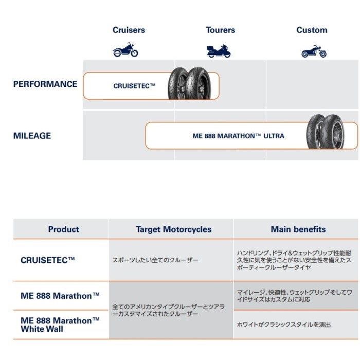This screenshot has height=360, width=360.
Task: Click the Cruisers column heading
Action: click(129, 30)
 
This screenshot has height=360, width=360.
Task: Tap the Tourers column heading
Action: click(220, 30)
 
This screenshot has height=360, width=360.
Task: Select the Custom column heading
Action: click(312, 30)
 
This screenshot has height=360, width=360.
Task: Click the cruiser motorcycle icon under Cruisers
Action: click(125, 50)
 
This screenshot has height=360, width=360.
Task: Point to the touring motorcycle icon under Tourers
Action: click(219, 51)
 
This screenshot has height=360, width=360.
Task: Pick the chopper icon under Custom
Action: click(314, 51)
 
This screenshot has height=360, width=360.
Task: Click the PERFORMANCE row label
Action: click(45, 84)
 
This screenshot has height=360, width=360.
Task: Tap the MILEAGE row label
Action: click(32, 136)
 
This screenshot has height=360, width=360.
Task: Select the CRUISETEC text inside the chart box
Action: click(134, 86)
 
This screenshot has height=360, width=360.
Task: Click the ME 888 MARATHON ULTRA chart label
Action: click(238, 136)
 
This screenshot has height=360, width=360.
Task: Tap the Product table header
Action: click(64, 229)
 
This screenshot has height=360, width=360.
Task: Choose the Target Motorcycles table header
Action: click(173, 229)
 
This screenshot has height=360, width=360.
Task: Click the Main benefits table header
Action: click(298, 229)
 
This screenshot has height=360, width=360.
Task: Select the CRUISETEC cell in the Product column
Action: click(48, 260)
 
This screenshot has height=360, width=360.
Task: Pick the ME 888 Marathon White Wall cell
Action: click(60, 325)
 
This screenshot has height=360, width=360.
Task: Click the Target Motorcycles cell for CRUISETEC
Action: click(155, 261)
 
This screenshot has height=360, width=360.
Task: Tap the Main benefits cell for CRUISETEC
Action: click(294, 261)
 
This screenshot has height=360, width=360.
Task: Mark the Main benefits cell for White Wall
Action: click(283, 325)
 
